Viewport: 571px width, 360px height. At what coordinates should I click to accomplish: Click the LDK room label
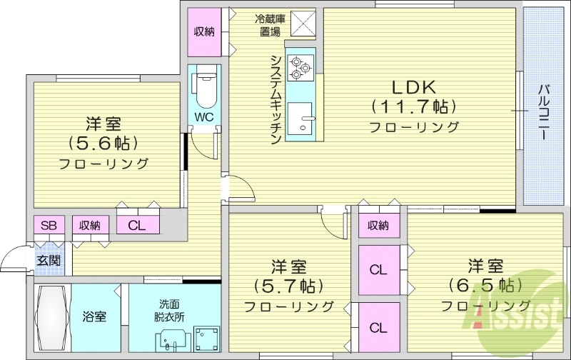[x=413, y=86]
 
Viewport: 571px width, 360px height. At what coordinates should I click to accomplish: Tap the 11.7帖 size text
[x=413, y=107]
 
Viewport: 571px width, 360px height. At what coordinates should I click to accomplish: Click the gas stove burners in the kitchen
[x=300, y=69]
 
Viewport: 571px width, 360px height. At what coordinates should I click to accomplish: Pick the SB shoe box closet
[x=49, y=225]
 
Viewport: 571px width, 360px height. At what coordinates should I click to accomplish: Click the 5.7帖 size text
[x=288, y=286]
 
